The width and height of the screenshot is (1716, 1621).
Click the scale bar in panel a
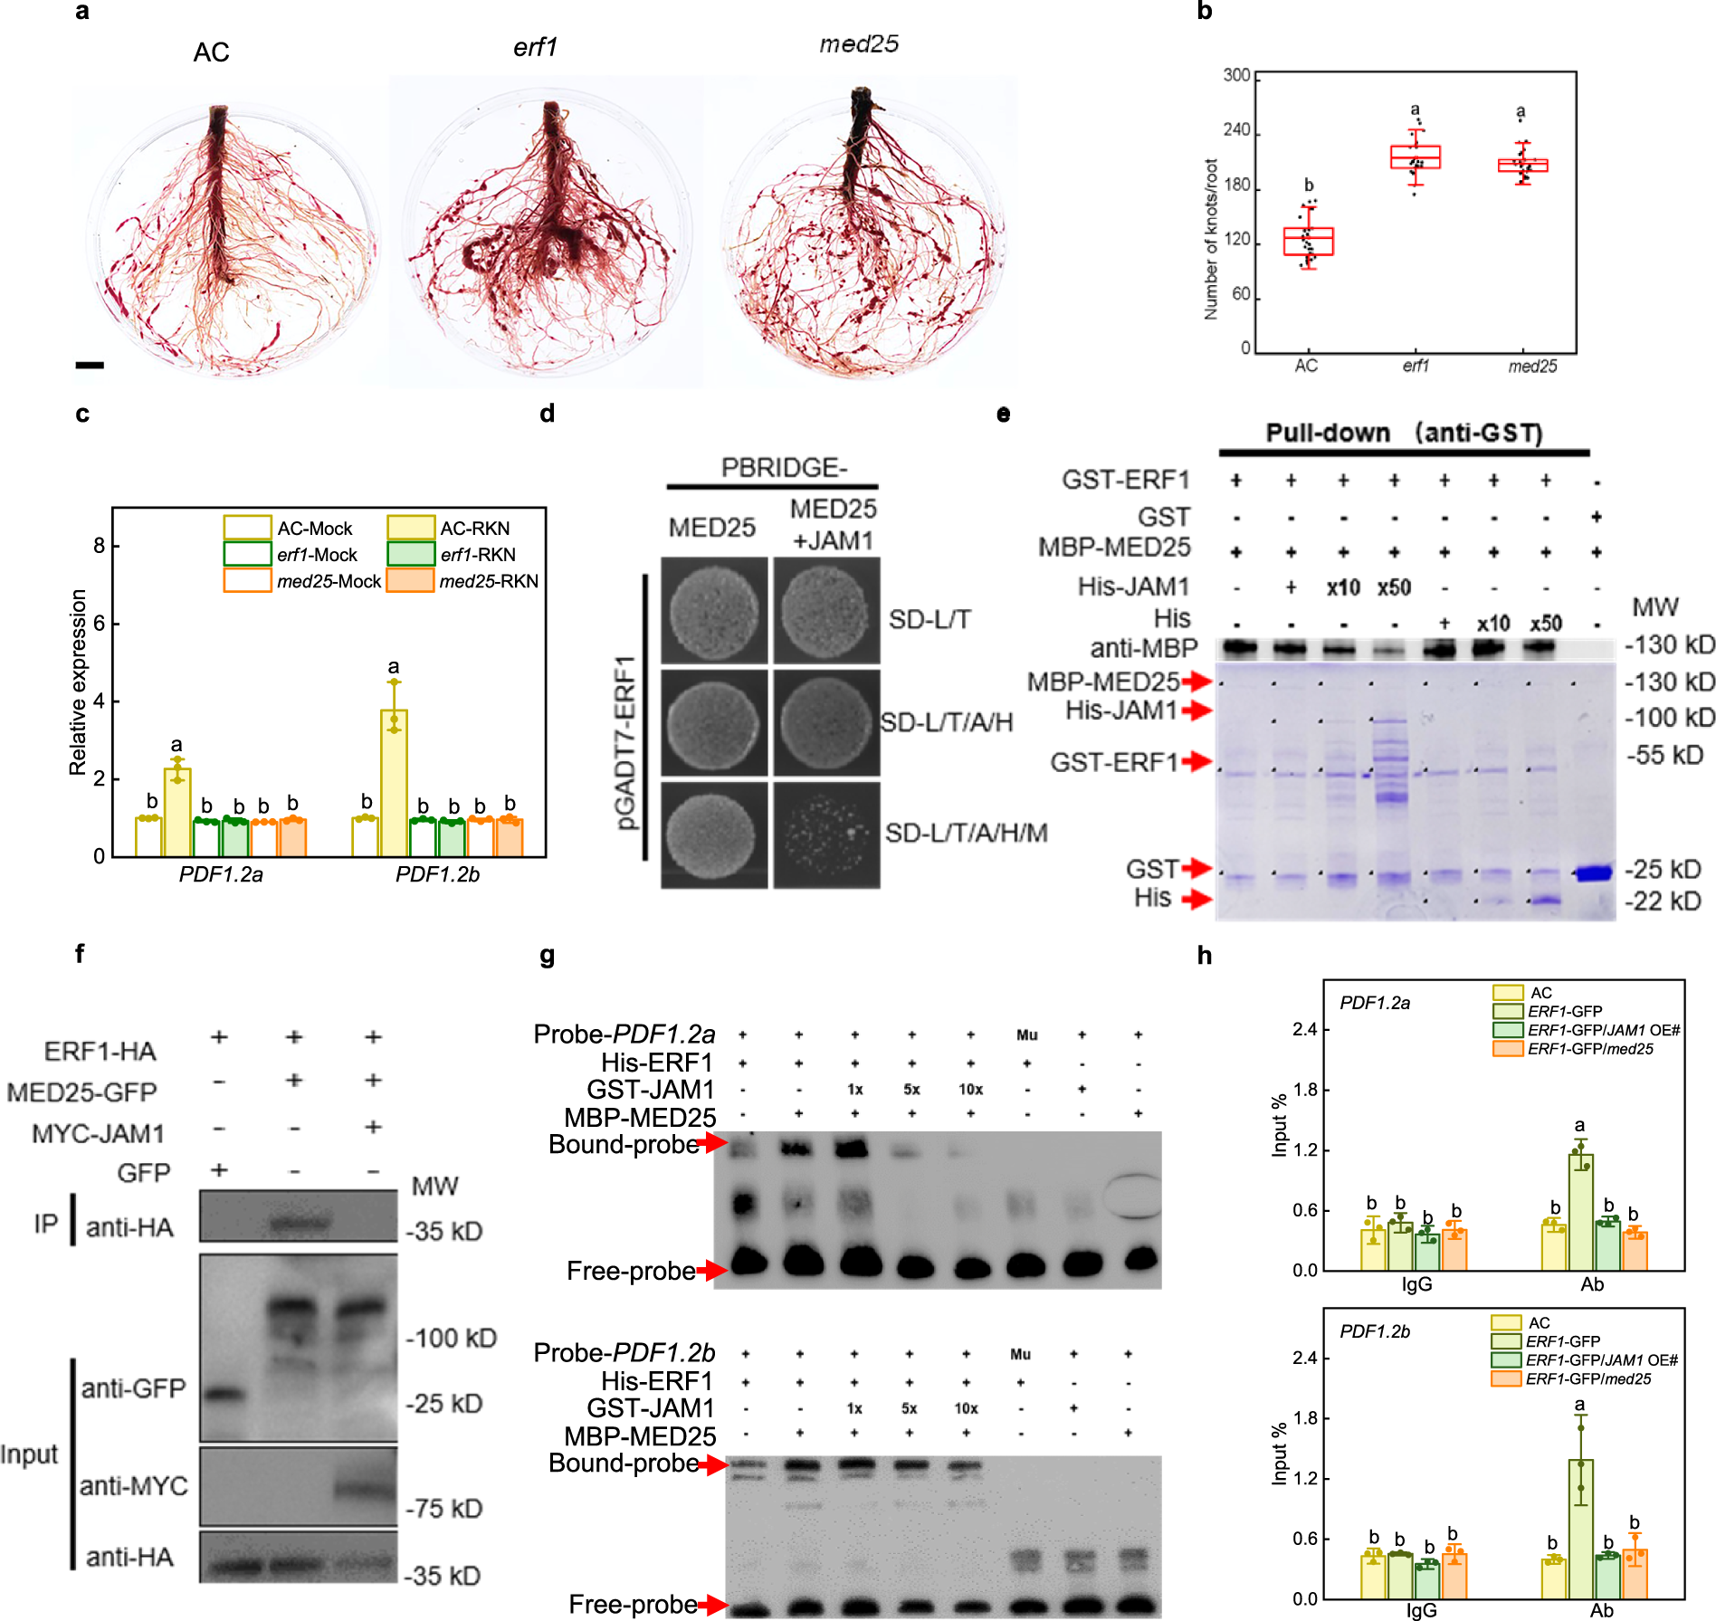pyautogui.click(x=90, y=365)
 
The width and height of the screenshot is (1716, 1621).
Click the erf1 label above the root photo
pyautogui.click(x=535, y=47)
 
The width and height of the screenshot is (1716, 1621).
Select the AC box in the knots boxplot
pyautogui.click(x=1308, y=241)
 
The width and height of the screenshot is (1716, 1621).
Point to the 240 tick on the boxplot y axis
pyautogui.click(x=1236, y=130)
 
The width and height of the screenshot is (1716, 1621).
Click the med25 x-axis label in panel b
pyautogui.click(x=1532, y=367)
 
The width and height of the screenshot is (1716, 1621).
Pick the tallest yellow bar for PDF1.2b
pyautogui.click(x=394, y=782)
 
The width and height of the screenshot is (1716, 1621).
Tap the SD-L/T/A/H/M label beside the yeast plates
pyautogui.click(x=966, y=833)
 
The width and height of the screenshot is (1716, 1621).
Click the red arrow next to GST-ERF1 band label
pyautogui.click(x=1196, y=761)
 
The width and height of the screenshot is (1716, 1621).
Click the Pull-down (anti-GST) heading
pyautogui.click(x=1404, y=433)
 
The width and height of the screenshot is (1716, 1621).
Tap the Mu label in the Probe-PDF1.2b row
pyautogui.click(x=1020, y=1354)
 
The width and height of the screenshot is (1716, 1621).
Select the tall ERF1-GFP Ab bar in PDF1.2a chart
pyautogui.click(x=1580, y=1211)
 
